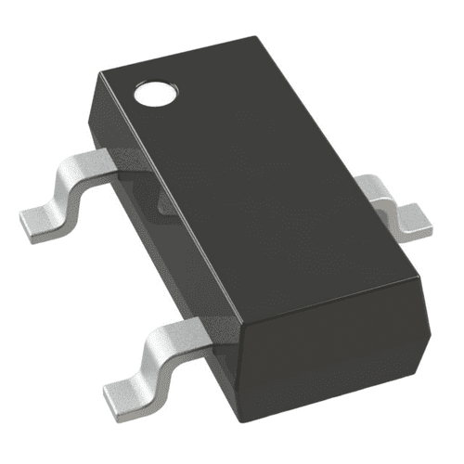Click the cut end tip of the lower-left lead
point(107,390)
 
